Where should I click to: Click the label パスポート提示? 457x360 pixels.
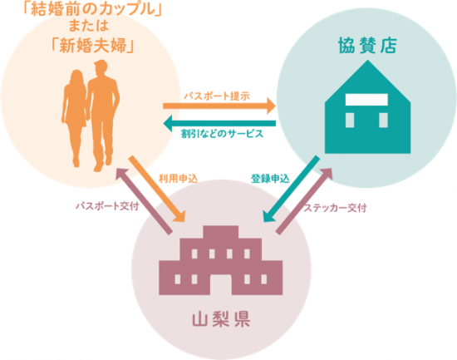217,96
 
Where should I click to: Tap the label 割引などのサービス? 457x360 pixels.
222,134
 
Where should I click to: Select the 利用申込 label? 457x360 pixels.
178,179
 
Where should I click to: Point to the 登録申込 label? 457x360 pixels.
270,179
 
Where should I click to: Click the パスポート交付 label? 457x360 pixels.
107,206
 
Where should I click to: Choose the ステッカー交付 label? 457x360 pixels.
335,208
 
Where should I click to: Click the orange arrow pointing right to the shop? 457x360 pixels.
219,106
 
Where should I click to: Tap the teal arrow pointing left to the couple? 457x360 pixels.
219,123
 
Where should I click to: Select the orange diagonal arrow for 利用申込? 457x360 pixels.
157,189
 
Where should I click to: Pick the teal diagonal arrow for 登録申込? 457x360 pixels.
292,189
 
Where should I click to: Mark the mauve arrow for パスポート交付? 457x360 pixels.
144,200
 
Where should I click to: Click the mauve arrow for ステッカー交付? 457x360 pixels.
305,200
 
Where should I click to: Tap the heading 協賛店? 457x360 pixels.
367,46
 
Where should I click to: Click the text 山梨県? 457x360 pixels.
221,319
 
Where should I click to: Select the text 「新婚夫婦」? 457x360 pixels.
93,46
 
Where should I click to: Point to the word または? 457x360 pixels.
89,26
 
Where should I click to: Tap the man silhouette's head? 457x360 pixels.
101,67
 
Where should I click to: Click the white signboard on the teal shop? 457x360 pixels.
366,100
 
